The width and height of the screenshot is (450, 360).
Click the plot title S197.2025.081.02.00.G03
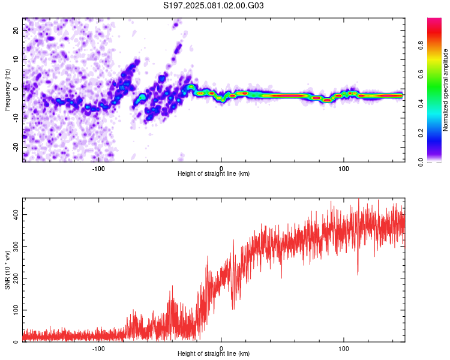213,5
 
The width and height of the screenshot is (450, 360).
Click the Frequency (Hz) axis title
7,90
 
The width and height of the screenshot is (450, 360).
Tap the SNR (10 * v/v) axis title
7,270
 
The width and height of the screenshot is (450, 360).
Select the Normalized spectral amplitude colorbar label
445,90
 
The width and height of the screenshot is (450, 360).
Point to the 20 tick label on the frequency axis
16,30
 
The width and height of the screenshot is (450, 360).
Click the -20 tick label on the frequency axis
16,148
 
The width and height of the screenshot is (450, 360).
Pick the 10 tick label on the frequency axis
16,59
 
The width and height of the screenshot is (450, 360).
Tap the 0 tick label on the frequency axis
16,89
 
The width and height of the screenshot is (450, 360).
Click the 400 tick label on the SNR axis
16,214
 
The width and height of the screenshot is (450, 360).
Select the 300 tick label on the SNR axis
16,247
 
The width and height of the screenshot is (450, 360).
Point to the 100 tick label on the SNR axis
16,310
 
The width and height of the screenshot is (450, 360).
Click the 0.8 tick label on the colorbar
421,45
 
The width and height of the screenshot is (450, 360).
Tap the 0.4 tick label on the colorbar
421,104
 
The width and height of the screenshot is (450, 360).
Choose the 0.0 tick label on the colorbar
421,162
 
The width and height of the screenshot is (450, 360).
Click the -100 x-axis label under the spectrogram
98,169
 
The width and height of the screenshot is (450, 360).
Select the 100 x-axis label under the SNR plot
344,349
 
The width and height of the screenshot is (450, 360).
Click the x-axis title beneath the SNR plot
214,353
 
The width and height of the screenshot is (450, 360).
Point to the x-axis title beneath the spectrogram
214,173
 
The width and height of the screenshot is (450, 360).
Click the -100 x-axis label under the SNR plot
98,349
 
